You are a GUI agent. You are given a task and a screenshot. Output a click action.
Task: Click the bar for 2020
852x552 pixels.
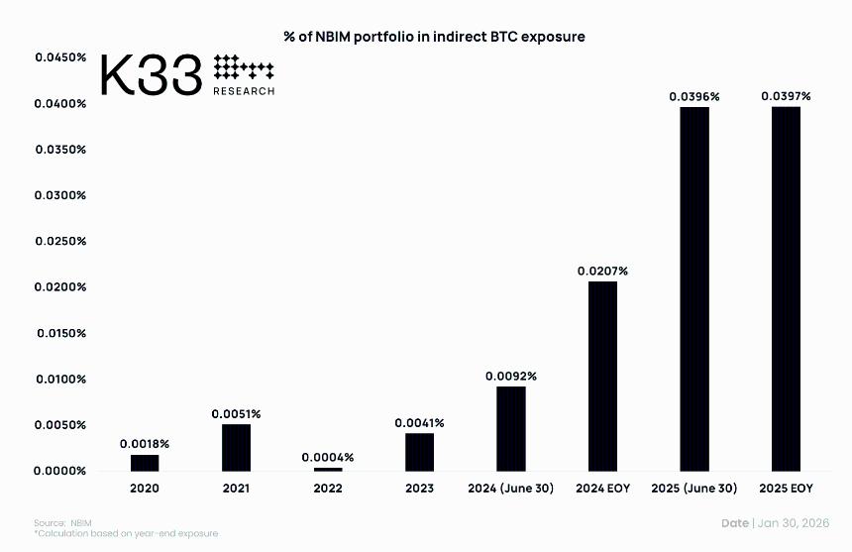[x=145, y=462]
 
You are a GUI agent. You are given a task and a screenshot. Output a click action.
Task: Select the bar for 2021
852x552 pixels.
[x=236, y=447]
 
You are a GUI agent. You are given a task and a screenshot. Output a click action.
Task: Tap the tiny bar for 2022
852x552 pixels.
[x=328, y=469]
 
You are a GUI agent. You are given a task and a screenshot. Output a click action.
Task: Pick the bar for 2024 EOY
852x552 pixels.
[x=602, y=376]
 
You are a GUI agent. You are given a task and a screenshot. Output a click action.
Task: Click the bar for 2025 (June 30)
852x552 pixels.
[x=694, y=288]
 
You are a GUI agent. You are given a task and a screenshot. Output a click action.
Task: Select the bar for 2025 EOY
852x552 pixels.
[x=786, y=288]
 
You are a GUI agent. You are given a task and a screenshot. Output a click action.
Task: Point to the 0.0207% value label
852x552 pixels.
[x=602, y=271]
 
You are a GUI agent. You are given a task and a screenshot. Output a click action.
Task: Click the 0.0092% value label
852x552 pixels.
[x=510, y=376]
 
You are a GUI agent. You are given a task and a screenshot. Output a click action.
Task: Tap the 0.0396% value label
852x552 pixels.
[x=694, y=96]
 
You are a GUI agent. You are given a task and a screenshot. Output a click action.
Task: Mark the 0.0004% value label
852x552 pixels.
[x=328, y=457]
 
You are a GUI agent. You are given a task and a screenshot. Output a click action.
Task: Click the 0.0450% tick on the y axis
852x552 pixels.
[x=60, y=57]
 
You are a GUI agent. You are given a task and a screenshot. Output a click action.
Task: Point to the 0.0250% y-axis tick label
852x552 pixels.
[x=60, y=241]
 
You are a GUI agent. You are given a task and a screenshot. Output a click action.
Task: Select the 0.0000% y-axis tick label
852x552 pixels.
[x=60, y=471]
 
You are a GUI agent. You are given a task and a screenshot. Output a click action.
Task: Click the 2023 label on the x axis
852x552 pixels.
[x=419, y=489]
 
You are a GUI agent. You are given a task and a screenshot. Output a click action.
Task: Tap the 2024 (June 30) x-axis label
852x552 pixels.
[x=510, y=489]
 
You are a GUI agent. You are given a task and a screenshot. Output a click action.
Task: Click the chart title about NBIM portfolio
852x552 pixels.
[x=434, y=37]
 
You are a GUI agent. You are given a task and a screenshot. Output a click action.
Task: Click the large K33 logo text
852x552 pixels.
[x=152, y=75]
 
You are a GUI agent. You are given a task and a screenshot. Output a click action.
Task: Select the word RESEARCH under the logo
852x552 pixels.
[x=244, y=90]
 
